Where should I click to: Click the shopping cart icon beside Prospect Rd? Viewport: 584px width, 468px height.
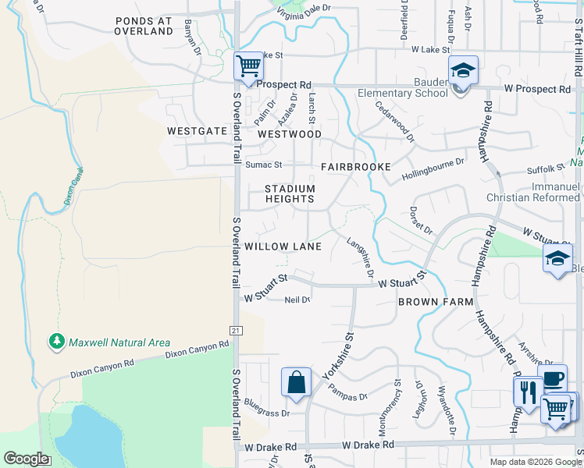tap(248, 66)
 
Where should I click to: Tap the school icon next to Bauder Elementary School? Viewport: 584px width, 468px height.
tap(463, 71)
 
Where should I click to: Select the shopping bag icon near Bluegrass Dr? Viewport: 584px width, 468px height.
tap(296, 382)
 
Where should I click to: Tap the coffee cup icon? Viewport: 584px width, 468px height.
tap(552, 379)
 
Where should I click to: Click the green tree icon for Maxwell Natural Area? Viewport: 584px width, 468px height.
tap(56, 341)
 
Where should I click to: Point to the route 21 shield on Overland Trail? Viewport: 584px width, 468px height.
tap(235, 331)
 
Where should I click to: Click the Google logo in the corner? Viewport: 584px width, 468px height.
tap(26, 459)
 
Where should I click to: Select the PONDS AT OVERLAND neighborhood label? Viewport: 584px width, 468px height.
tap(143, 26)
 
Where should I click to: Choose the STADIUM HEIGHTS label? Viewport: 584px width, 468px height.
tap(290, 193)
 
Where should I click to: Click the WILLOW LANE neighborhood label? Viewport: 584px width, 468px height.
tap(283, 246)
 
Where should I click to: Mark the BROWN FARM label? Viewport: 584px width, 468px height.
tap(436, 301)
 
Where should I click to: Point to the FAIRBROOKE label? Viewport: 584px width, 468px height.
tap(349, 168)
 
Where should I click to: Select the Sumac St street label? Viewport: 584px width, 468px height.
tap(263, 165)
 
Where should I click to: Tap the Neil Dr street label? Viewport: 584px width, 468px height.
tap(297, 300)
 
